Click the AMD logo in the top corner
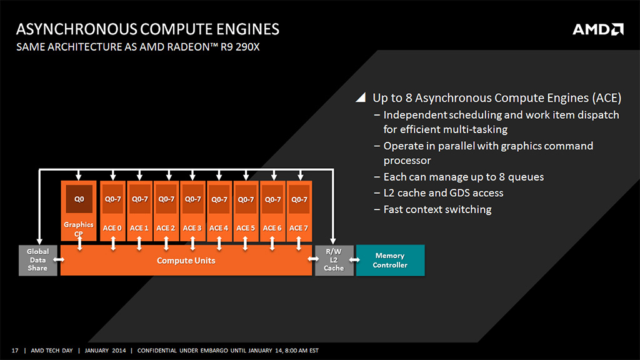coord(597,29)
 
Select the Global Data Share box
coord(37,260)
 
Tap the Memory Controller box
coord(390,260)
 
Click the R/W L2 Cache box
coord(334,260)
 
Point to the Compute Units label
coord(186,260)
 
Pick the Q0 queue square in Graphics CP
coord(79,199)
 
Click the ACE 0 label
coord(112,228)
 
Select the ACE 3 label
coord(192,228)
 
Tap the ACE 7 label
coord(299,228)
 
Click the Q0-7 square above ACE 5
coord(246,199)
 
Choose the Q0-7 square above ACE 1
coord(139,199)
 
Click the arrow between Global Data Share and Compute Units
coord(59,259)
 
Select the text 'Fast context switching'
coord(437,209)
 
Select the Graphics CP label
coord(79,229)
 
